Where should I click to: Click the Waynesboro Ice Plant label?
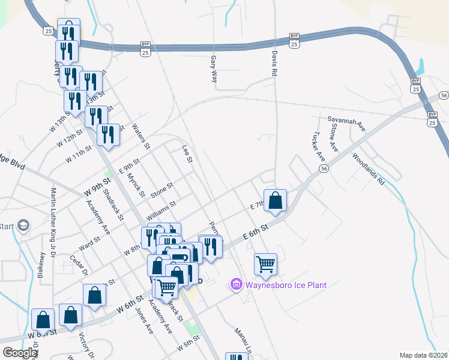click(x=285, y=285)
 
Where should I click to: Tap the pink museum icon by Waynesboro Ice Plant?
click(x=236, y=284)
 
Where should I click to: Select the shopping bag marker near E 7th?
click(x=275, y=200)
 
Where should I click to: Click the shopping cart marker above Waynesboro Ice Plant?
click(x=265, y=264)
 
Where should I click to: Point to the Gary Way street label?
click(x=213, y=69)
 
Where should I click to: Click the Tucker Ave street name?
click(x=321, y=146)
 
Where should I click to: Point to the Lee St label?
click(x=187, y=152)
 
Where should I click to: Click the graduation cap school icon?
click(x=23, y=226)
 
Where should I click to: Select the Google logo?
click(x=20, y=353)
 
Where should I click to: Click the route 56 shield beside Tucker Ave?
click(x=324, y=170)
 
